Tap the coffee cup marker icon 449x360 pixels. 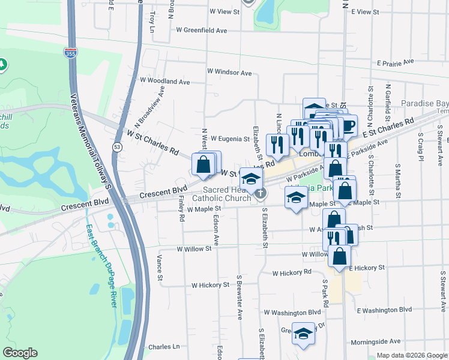348,125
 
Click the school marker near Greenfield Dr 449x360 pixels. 304,334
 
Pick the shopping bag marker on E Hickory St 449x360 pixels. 340,256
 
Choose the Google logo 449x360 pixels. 20,353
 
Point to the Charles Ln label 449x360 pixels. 164,347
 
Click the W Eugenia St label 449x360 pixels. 229,139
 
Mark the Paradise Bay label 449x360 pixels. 424,103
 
